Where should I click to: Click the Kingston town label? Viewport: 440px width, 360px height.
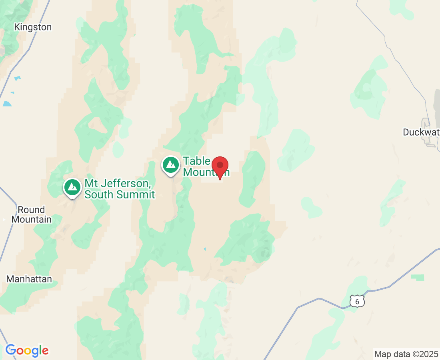click(33, 27)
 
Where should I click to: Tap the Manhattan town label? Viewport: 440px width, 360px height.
click(29, 279)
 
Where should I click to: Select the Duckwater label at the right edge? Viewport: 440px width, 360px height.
click(421, 132)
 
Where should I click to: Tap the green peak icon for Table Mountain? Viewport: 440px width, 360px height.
click(171, 164)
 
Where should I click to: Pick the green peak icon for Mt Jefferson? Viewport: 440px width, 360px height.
click(72, 187)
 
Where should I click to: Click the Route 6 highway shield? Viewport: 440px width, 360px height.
click(357, 301)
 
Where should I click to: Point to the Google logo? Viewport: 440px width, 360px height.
click(27, 351)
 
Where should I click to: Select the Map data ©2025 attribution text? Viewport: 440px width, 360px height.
click(406, 354)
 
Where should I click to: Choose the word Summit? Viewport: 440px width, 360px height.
click(136, 195)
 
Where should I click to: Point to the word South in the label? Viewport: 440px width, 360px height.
click(99, 195)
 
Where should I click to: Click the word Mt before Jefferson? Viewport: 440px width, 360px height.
click(90, 184)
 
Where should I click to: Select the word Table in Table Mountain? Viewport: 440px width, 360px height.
click(196, 161)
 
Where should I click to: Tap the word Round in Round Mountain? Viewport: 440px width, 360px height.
click(31, 210)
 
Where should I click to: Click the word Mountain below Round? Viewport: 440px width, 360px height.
click(31, 219)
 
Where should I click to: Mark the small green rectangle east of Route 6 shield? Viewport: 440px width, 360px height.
click(417, 278)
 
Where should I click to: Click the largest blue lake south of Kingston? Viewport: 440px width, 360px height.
click(7, 104)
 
